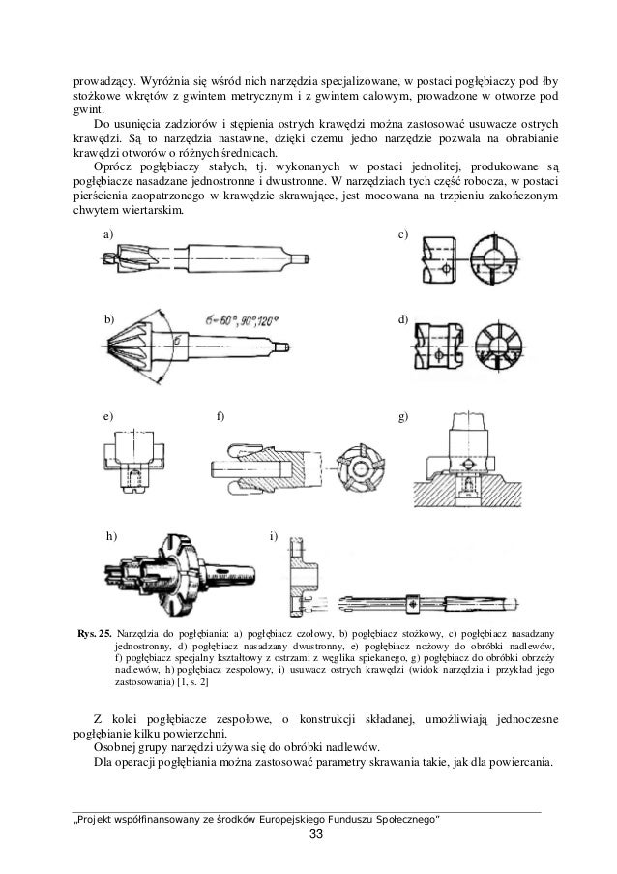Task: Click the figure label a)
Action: (109, 235)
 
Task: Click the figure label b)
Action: (109, 318)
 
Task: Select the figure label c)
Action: (403, 235)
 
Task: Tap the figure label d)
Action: (403, 318)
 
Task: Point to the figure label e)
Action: (109, 416)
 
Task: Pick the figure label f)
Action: (220, 416)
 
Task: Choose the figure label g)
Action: (403, 416)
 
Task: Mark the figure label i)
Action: (274, 535)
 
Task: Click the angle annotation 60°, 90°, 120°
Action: (242, 318)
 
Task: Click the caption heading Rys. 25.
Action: (94, 633)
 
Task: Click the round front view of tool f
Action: (357, 463)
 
